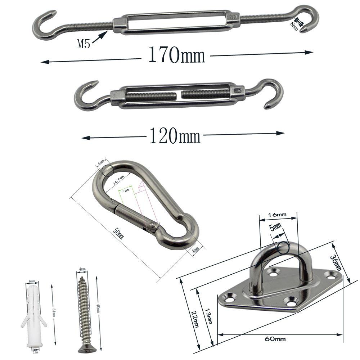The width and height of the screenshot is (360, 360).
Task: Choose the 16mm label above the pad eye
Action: point(277,215)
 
